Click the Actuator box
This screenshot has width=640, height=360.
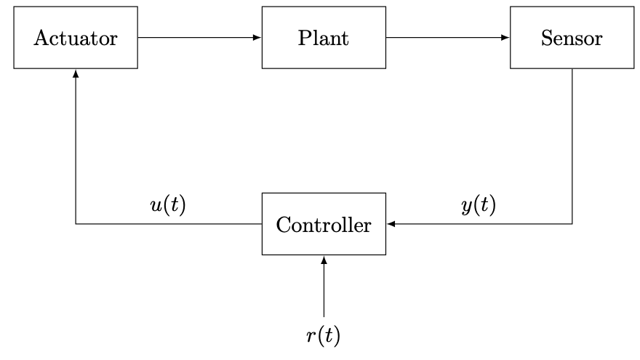coord(76,38)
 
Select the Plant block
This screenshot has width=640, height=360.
coord(324,38)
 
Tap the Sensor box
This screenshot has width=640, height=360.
coord(572,38)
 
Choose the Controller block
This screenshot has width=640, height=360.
coord(324,224)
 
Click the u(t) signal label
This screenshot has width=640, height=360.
coord(168,206)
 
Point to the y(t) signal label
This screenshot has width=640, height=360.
coord(479,206)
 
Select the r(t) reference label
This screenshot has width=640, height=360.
coord(324,335)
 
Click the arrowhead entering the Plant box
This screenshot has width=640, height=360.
coord(257,38)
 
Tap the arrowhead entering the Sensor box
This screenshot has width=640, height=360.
coord(506,38)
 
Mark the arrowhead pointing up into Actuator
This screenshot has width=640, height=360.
coord(76,73)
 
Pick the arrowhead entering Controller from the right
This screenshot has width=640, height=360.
coord(391,224)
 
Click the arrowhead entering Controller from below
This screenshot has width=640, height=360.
coord(324,260)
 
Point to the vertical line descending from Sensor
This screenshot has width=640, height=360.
coord(572,145)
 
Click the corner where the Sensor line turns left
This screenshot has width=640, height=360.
coord(572,224)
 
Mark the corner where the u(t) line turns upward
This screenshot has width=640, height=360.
coord(76,224)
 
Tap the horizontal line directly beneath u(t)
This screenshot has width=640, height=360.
coord(168,224)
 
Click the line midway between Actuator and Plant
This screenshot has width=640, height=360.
coord(200,38)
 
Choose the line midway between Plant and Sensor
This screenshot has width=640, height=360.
coord(448,38)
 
